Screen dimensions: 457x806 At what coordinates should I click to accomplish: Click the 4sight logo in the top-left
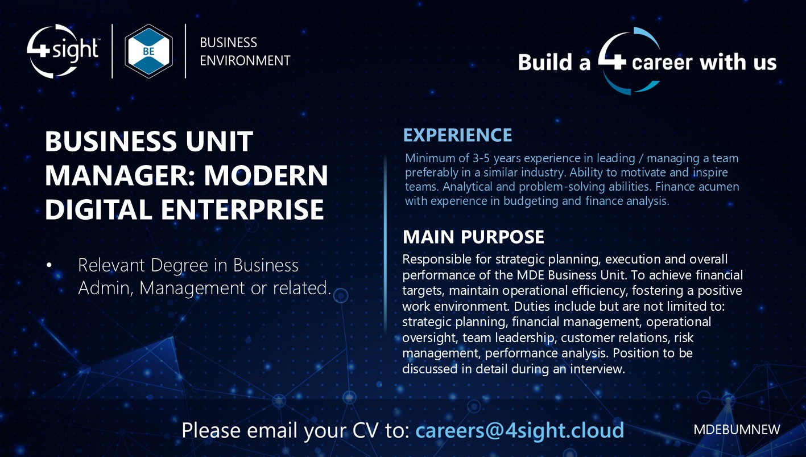(x=63, y=51)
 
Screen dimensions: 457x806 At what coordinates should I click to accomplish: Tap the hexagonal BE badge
(x=148, y=51)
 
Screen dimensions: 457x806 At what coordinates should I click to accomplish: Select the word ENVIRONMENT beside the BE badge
(x=245, y=60)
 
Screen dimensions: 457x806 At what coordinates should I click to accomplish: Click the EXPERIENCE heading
(x=457, y=135)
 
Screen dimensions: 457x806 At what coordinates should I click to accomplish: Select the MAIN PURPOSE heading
(x=473, y=237)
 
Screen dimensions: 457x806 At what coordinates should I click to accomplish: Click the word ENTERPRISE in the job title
(x=242, y=210)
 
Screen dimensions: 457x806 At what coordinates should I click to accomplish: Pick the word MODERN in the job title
(x=266, y=176)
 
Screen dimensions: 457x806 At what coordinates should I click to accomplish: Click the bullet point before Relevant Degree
(x=49, y=266)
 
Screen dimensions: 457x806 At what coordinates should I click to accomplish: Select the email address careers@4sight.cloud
(x=519, y=430)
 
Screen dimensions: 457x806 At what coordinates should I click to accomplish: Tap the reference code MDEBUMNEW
(x=737, y=430)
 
